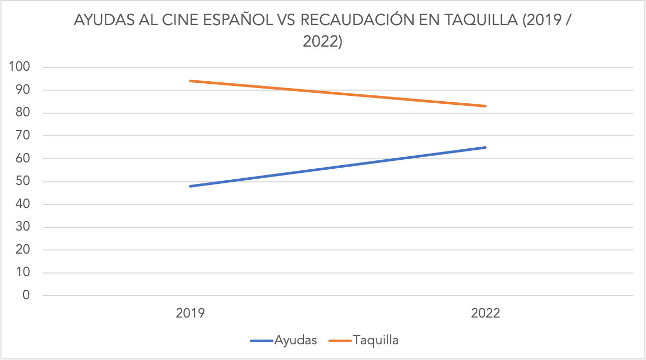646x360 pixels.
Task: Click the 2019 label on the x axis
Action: [x=191, y=314]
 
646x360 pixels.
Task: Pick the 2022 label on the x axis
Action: [x=486, y=314]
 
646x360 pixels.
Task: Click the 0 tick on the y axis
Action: [x=26, y=296]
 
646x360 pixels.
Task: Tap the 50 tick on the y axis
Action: [x=22, y=182]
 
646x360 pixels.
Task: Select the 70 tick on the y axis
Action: [x=22, y=136]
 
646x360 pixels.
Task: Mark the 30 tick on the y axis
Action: [x=22, y=227]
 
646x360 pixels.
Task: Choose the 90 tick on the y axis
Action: [x=22, y=90]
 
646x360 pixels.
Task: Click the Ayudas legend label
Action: [x=295, y=340]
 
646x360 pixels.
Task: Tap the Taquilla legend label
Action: [x=376, y=340]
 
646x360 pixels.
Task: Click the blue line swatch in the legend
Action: [x=261, y=341]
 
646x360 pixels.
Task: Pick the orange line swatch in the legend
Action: [x=341, y=341]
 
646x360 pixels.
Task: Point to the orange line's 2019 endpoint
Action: [x=191, y=81]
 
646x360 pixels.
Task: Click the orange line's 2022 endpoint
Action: [x=486, y=106]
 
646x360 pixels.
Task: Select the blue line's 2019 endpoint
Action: [x=191, y=186]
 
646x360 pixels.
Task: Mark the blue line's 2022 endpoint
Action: [x=486, y=147]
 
